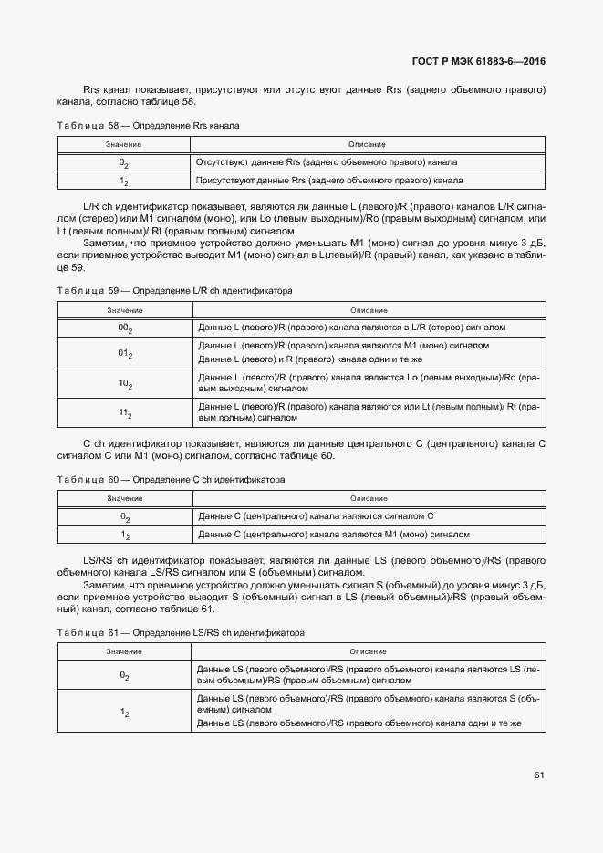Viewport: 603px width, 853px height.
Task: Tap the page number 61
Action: pos(539,775)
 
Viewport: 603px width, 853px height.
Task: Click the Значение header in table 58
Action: pos(123,144)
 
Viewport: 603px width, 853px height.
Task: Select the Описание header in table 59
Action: pos(368,310)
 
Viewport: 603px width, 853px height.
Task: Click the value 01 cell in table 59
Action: pos(124,353)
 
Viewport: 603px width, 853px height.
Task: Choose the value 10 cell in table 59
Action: pos(124,384)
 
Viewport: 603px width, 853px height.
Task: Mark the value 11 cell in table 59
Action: pos(124,413)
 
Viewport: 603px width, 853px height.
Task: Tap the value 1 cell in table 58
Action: pos(124,182)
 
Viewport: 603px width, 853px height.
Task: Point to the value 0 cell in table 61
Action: pos(124,675)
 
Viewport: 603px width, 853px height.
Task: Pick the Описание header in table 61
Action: pos(368,651)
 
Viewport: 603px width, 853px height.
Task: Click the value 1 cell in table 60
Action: pos(124,536)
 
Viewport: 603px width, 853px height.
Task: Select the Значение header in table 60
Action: pos(123,498)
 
